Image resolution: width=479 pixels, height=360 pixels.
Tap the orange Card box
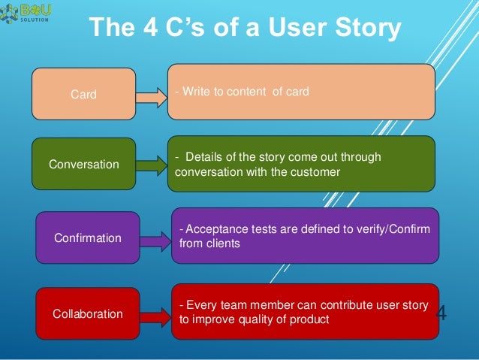click(x=83, y=95)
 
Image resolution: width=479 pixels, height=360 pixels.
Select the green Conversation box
click(x=83, y=163)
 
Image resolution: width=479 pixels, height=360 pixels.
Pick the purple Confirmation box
click(x=88, y=237)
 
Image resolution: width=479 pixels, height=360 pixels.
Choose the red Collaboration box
click(x=88, y=313)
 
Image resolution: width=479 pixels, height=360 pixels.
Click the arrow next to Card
click(x=152, y=95)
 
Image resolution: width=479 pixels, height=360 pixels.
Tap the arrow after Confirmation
click(x=156, y=240)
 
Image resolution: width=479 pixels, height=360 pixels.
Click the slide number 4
click(x=441, y=313)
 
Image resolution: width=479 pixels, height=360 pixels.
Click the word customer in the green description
click(x=318, y=171)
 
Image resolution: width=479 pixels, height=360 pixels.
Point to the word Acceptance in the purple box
click(x=214, y=228)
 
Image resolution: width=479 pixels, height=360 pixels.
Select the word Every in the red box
click(x=201, y=305)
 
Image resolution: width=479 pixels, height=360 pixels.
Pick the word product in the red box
click(x=309, y=319)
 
